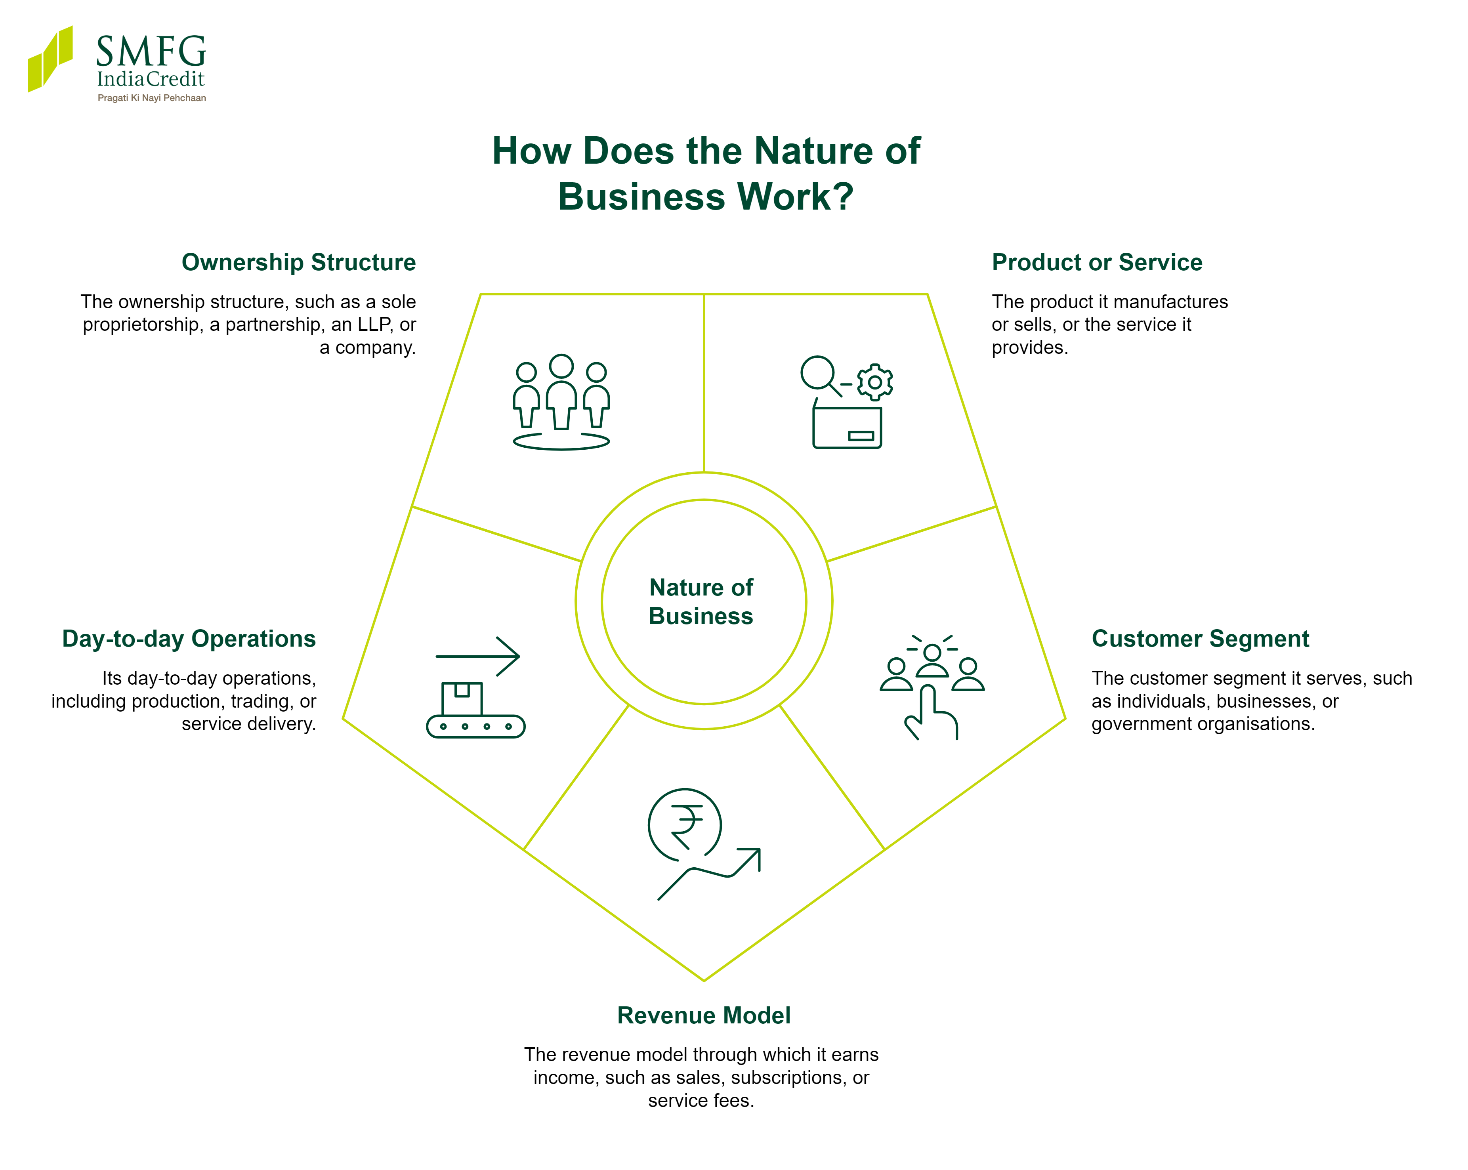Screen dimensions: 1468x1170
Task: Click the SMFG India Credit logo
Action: tap(116, 63)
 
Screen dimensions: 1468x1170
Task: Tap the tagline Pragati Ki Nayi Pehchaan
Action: tap(152, 98)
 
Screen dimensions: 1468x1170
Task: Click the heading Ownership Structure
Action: tap(298, 262)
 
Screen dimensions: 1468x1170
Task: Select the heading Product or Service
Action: tap(1097, 262)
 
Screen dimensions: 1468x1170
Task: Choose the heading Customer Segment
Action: tap(1201, 639)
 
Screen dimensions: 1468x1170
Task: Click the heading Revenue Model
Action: tap(704, 1015)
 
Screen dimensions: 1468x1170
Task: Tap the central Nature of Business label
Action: tap(701, 601)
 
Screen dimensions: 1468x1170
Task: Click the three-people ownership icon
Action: tap(561, 402)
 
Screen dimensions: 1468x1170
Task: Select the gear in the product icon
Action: tap(875, 382)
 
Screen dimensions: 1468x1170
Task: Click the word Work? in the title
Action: tap(795, 197)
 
